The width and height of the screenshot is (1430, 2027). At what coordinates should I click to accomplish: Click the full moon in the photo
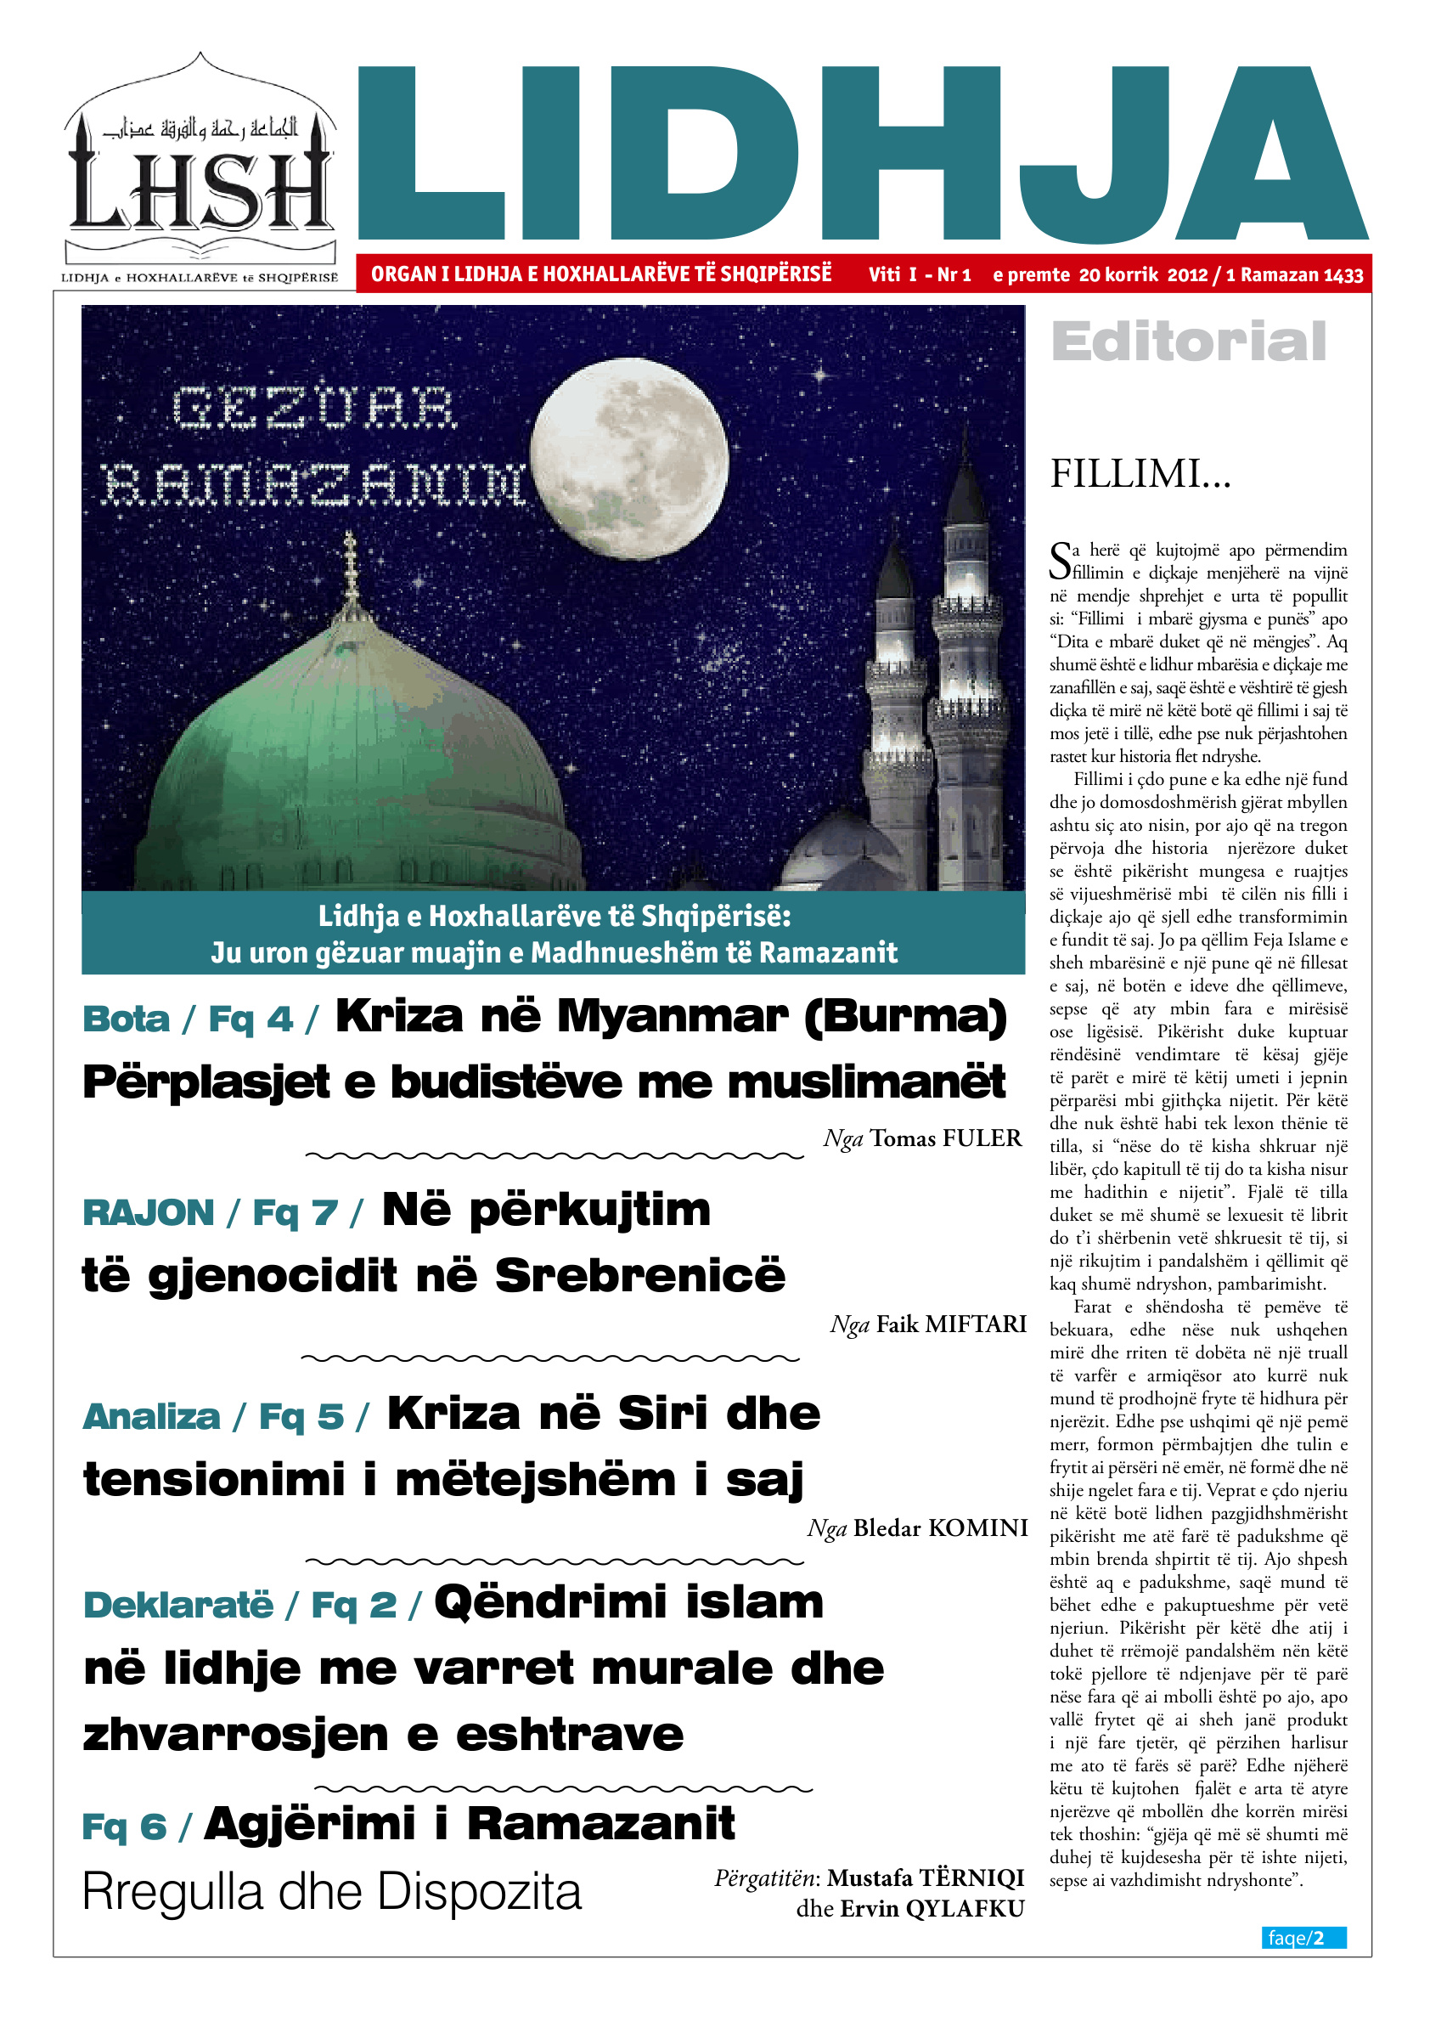[629, 457]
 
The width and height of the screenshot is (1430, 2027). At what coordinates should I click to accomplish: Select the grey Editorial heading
[1188, 342]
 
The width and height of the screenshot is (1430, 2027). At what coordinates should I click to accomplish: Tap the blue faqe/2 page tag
[1303, 1937]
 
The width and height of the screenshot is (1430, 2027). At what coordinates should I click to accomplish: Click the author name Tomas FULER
[945, 1139]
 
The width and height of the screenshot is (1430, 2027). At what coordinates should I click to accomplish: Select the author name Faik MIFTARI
[951, 1324]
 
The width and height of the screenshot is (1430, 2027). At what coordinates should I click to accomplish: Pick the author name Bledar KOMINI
[940, 1527]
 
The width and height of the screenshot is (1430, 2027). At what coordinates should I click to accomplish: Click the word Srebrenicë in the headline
[639, 1276]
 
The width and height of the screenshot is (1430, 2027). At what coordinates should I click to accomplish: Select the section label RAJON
[149, 1213]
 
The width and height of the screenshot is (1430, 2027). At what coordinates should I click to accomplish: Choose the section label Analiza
[151, 1417]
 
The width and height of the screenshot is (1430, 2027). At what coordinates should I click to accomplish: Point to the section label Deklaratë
[178, 1605]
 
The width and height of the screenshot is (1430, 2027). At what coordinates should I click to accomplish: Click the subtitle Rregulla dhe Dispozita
[331, 1892]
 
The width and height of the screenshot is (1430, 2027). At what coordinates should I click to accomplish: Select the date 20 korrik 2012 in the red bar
[1143, 274]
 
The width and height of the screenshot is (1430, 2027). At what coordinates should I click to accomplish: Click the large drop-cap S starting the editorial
[1060, 562]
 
